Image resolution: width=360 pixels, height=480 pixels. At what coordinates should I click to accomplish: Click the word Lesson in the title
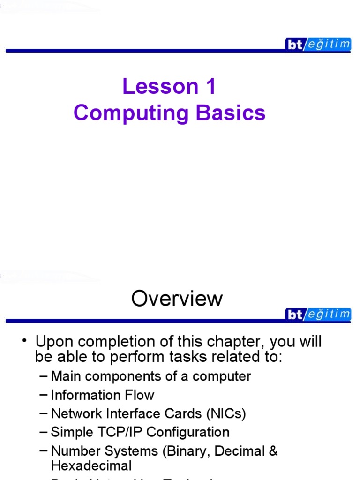pos(153,86)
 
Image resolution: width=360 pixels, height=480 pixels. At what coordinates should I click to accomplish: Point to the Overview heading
pos(177,299)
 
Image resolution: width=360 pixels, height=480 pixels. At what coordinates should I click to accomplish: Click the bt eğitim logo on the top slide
pos(318,45)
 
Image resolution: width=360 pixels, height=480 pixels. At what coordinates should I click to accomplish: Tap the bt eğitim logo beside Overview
pos(318,314)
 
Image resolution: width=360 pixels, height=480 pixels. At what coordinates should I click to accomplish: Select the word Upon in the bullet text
pos(53,342)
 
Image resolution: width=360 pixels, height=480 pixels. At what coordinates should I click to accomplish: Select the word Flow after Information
pos(138,395)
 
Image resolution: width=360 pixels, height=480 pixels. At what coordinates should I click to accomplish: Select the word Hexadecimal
pos(91,465)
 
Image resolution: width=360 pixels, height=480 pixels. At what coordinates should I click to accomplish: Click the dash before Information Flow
pos(43,395)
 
